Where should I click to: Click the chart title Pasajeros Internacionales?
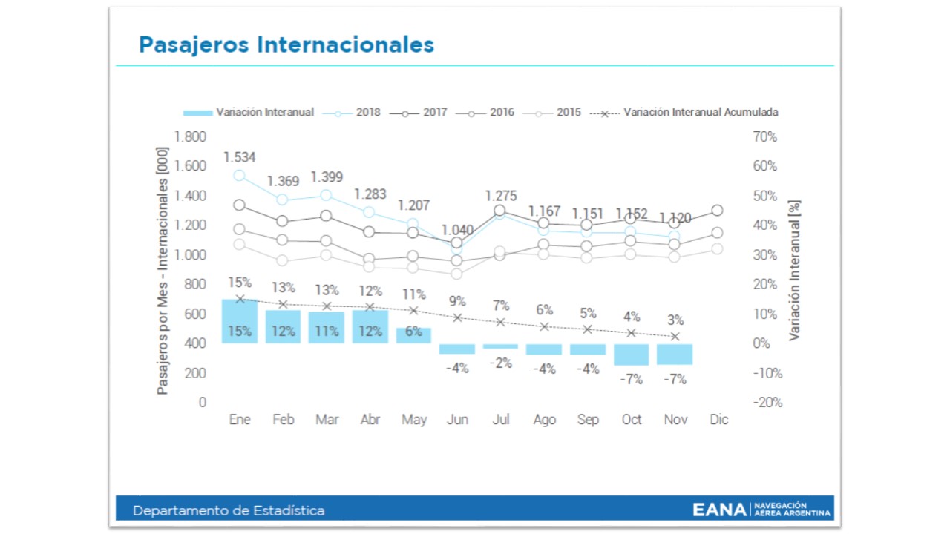pos(286,44)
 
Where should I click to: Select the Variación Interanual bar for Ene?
pos(240,321)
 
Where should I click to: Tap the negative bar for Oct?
pos(632,355)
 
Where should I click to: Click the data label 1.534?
pos(240,157)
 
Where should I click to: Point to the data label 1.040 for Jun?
pos(457,230)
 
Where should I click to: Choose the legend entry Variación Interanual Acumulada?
pos(684,113)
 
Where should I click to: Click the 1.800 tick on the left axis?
pos(189,137)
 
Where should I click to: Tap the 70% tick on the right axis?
pos(764,137)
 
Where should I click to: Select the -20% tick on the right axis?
pos(766,403)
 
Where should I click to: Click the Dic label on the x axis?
pos(718,420)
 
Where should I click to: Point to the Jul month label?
pos(501,420)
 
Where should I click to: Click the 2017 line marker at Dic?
pos(717,211)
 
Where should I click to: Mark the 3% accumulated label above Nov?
pos(675,320)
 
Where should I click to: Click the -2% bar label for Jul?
pos(501,363)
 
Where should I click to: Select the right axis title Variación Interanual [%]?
pos(795,270)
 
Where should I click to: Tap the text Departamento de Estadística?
pos(229,510)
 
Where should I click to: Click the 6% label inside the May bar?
pos(414,332)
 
